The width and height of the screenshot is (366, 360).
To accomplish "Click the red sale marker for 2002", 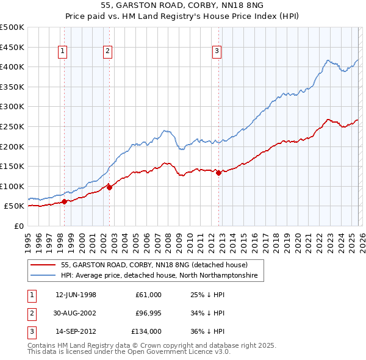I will click(x=110, y=187).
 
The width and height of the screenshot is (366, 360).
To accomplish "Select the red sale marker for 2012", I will click(x=218, y=173).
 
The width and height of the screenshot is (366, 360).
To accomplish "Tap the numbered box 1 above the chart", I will click(x=63, y=52).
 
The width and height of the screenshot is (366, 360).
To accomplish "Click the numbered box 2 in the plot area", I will click(x=107, y=52).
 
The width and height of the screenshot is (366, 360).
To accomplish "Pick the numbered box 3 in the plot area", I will click(x=217, y=52).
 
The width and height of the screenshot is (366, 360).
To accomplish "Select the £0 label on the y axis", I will click(x=18, y=226).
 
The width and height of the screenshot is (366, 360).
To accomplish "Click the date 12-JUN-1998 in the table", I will click(x=76, y=295).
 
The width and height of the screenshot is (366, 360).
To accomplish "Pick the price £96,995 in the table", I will click(x=148, y=313).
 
